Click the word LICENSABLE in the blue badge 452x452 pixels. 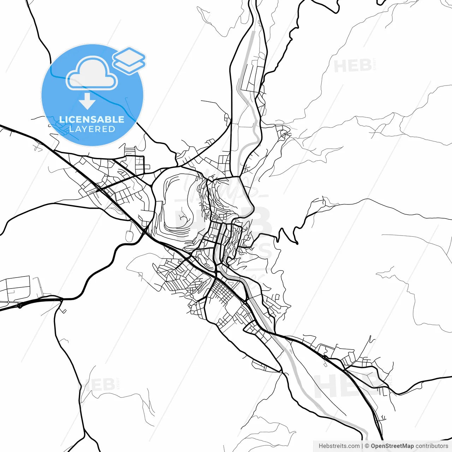[92, 119]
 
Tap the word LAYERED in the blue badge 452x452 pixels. [92, 129]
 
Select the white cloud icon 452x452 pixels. [92, 73]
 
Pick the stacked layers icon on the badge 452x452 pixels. [129, 60]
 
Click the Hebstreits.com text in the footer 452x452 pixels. [339, 446]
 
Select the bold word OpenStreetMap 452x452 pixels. [392, 446]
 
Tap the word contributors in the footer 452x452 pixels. [432, 446]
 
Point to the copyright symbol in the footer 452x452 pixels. [367, 446]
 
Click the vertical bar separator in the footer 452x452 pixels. [363, 446]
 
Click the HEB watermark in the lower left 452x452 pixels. [97, 385]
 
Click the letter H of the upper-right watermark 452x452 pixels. [341, 66]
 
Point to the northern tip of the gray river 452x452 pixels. [253, 32]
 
